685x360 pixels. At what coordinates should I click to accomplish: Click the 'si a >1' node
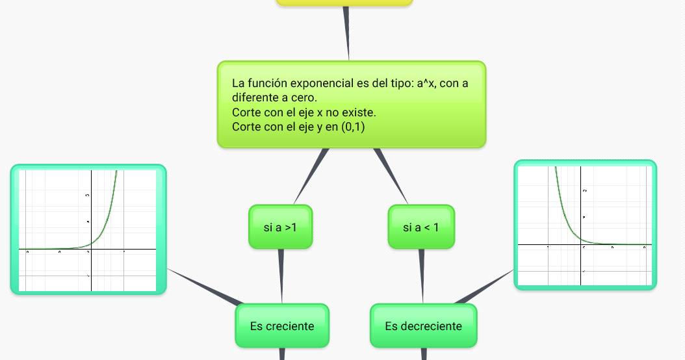[x=280, y=227]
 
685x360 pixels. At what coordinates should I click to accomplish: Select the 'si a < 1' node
[x=420, y=227]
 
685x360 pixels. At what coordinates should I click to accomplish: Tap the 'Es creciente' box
[x=281, y=326]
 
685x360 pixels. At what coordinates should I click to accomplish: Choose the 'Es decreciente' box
[x=423, y=326]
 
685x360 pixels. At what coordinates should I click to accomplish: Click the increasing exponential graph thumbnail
[x=88, y=229]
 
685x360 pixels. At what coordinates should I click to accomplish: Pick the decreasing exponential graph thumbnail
[x=585, y=225]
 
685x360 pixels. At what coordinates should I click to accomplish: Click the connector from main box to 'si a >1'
[x=309, y=175]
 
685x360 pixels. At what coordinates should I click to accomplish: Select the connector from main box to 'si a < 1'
[x=391, y=175]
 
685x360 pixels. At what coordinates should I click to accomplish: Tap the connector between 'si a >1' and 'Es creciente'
[x=281, y=276]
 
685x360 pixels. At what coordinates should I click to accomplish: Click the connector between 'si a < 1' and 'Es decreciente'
[x=421, y=276]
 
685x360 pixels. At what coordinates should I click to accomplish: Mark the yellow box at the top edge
[x=344, y=3]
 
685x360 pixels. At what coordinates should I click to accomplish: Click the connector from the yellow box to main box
[x=347, y=32]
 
